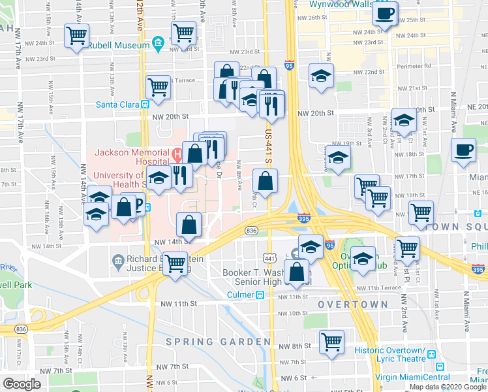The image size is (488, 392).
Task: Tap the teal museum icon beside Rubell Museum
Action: point(157,44)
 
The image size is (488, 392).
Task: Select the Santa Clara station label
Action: point(118,103)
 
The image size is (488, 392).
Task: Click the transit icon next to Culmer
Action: point(260,295)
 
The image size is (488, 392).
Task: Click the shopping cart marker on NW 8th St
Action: point(332,340)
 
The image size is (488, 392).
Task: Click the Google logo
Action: point(22,384)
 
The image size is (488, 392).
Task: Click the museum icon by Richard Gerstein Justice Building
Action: point(117,263)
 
